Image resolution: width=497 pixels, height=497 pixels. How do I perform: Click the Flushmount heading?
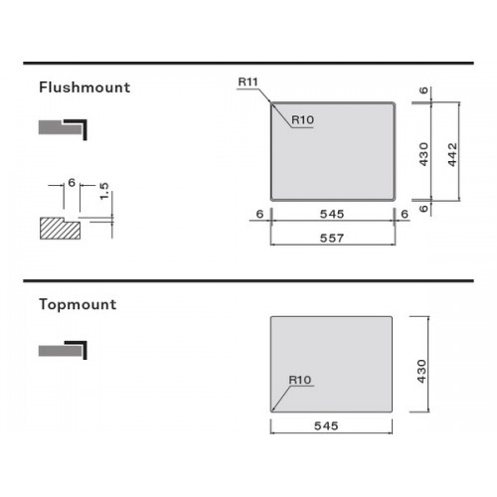point(84,87)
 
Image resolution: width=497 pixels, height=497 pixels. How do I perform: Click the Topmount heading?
point(78,304)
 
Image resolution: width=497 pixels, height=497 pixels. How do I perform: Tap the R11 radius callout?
point(248,82)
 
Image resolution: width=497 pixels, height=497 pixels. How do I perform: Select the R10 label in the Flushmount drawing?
point(303,119)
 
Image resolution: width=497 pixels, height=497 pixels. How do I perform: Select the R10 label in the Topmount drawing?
point(300,380)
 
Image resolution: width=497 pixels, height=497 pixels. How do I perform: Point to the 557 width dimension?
point(332,238)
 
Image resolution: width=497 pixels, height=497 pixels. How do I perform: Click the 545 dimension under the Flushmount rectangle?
point(332,214)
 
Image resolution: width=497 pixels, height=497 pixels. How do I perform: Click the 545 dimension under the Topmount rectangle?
point(326,425)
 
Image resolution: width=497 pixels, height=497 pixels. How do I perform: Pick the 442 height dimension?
point(452,154)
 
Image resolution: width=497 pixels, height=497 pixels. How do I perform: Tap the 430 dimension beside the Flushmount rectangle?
point(423,154)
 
